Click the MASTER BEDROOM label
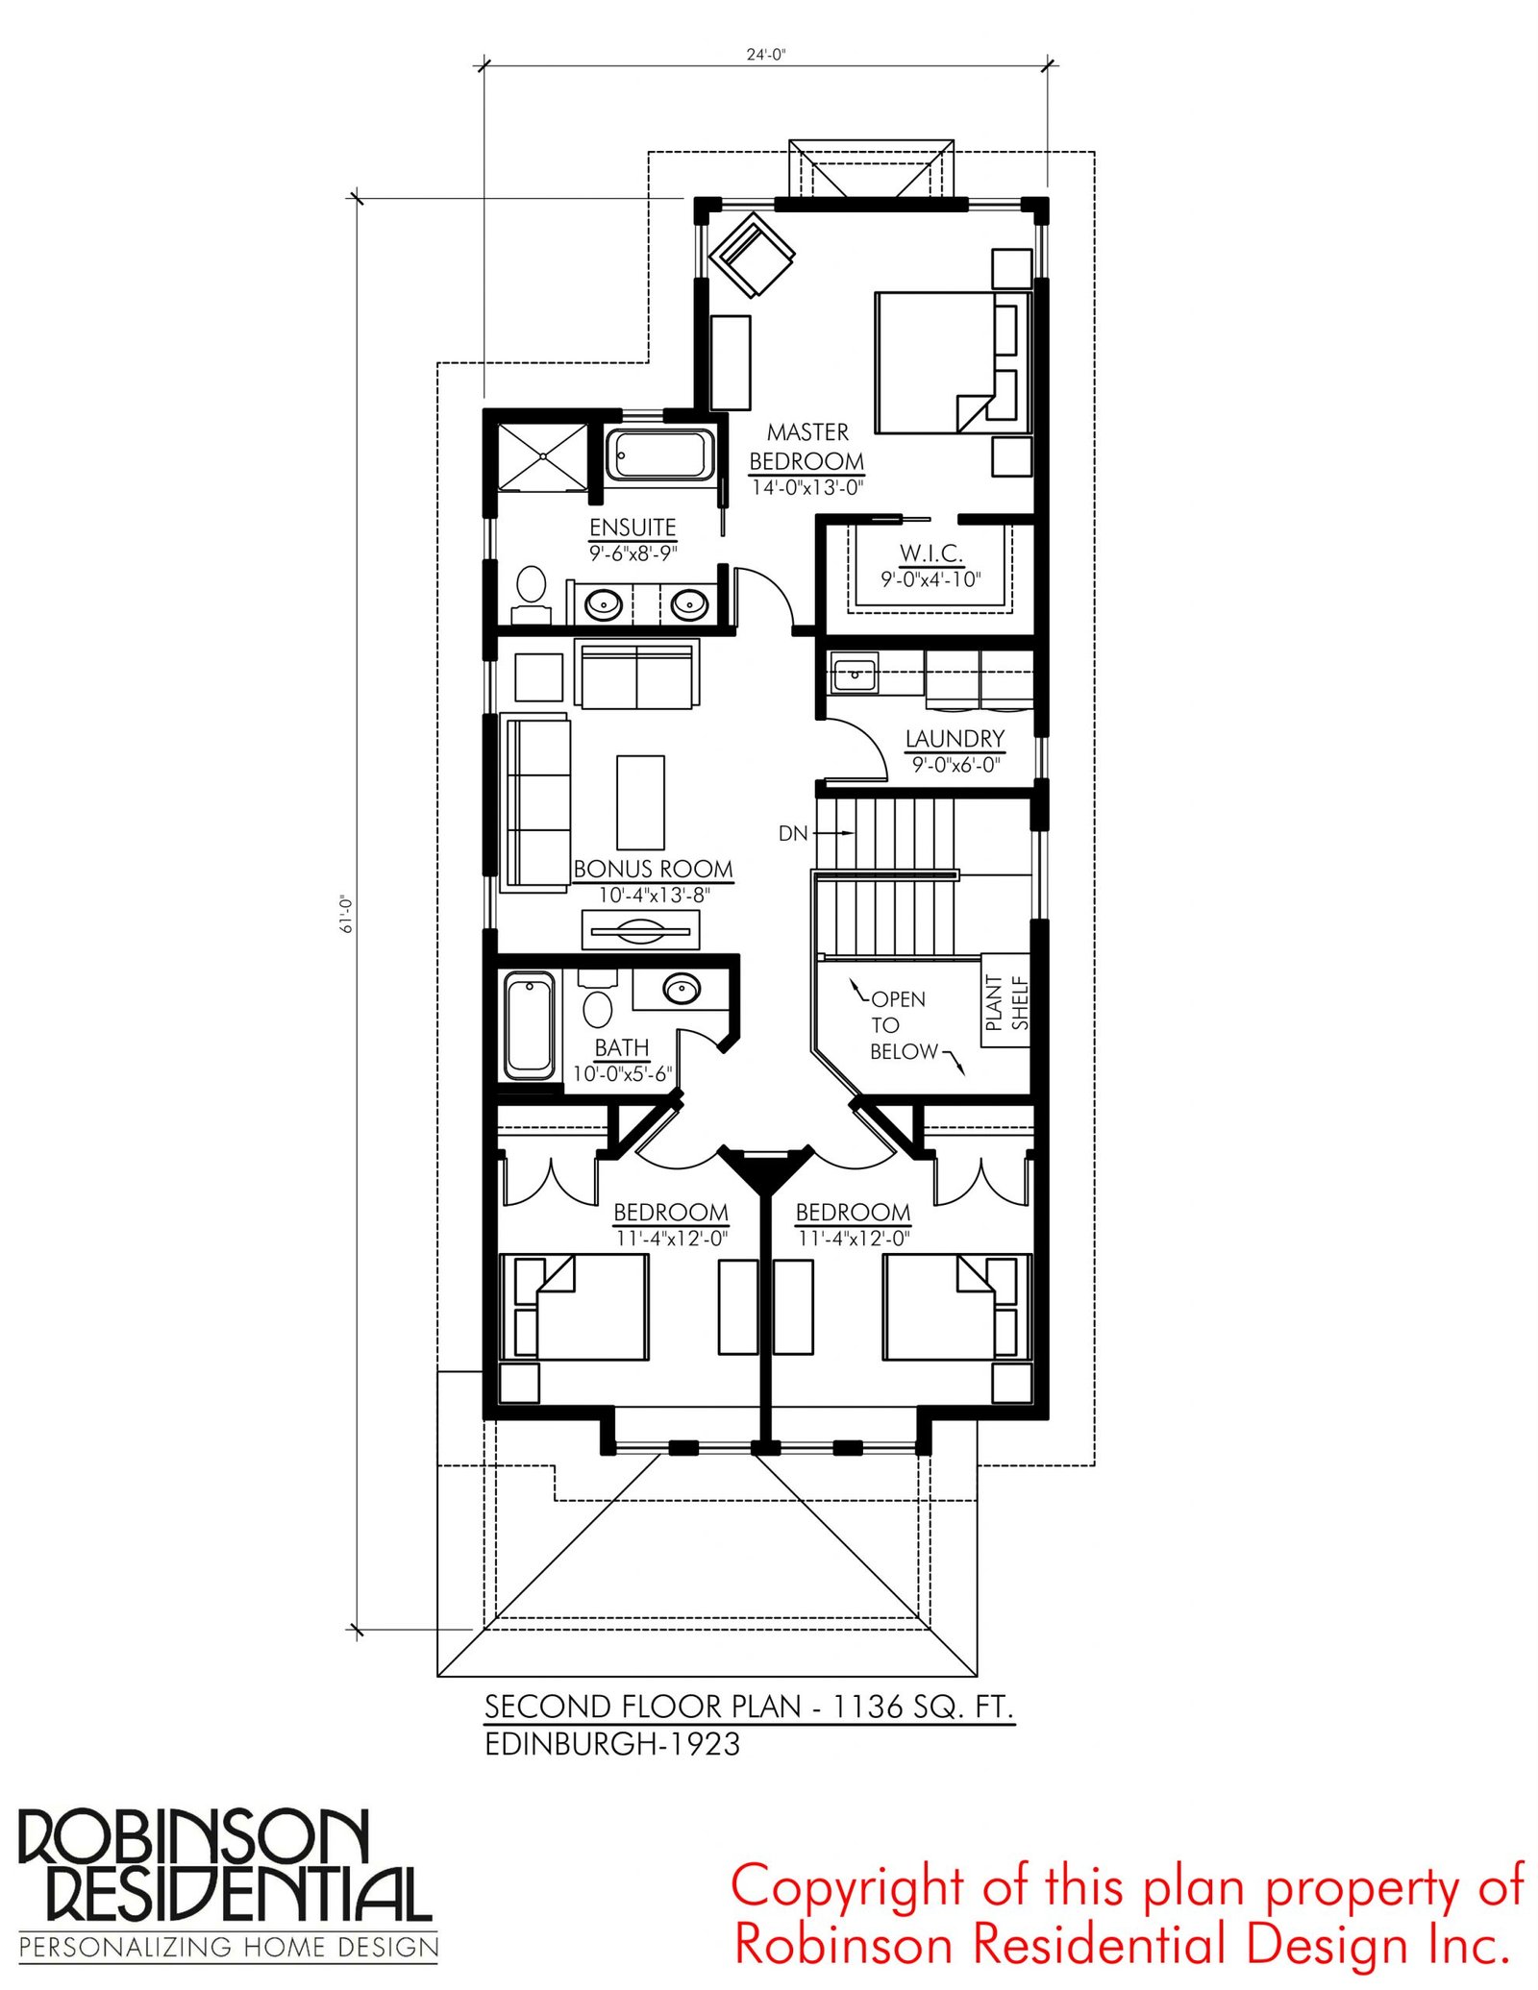click(806, 447)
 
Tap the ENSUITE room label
click(633, 528)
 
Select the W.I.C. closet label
click(930, 553)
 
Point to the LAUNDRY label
click(955, 738)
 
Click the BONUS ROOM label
click(654, 869)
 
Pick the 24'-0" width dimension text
click(766, 55)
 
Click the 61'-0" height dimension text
click(347, 914)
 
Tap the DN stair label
click(793, 833)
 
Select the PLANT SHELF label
click(1006, 1002)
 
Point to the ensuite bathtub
click(659, 455)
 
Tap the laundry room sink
click(854, 674)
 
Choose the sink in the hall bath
click(682, 988)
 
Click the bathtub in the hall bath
click(529, 1025)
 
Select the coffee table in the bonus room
click(640, 801)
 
